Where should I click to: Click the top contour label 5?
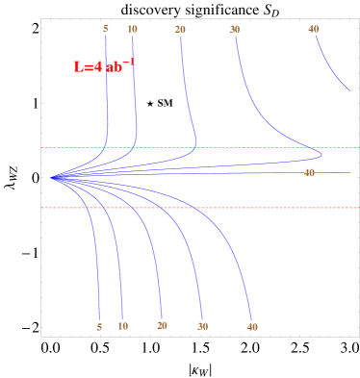[105, 29]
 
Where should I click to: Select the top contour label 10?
[132, 29]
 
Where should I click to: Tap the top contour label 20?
[180, 30]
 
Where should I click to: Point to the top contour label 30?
[235, 30]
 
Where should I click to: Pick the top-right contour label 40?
[314, 29]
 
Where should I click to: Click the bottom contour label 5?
[99, 326]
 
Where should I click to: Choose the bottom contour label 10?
[123, 326]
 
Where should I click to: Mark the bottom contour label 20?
[162, 325]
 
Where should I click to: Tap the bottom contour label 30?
[203, 326]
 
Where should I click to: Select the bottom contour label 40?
[252, 327]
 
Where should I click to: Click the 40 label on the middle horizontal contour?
[309, 172]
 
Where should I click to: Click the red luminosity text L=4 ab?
[103, 67]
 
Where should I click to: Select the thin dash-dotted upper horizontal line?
[241, 147]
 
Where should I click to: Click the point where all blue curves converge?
[53, 177]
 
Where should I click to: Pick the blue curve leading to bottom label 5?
[96, 250]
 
